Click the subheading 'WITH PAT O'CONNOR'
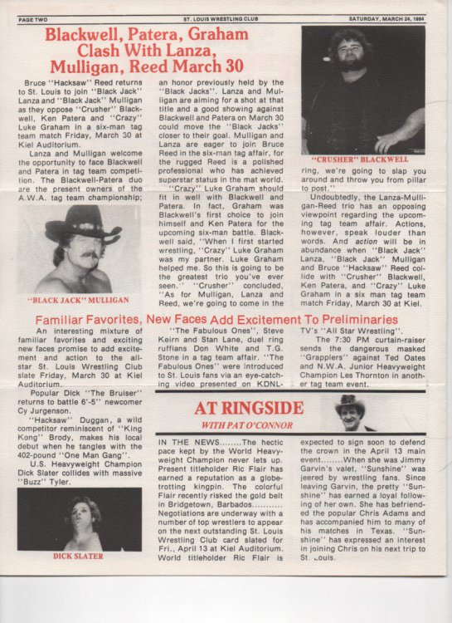(x=248, y=427)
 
